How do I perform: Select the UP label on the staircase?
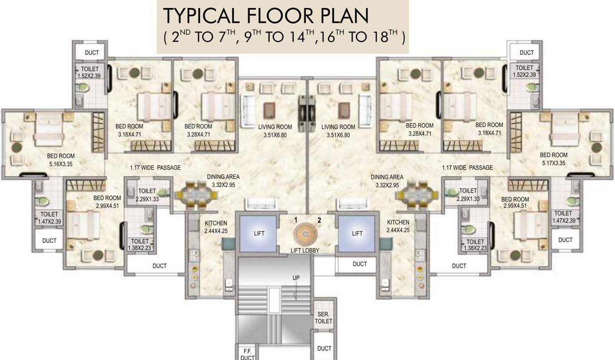[x=296, y=277]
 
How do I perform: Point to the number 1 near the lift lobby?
[x=296, y=219]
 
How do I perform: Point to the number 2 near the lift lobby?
[x=319, y=219]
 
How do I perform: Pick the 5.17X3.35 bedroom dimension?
[x=553, y=163]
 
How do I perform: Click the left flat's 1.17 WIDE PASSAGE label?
[x=155, y=167]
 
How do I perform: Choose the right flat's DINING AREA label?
[x=387, y=177]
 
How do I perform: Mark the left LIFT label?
[x=259, y=233]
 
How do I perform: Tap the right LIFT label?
[x=357, y=233]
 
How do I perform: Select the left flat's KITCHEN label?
[x=216, y=223]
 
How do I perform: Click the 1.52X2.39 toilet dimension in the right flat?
[x=524, y=75]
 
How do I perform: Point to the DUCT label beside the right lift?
[x=360, y=264]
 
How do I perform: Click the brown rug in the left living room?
[x=269, y=109]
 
